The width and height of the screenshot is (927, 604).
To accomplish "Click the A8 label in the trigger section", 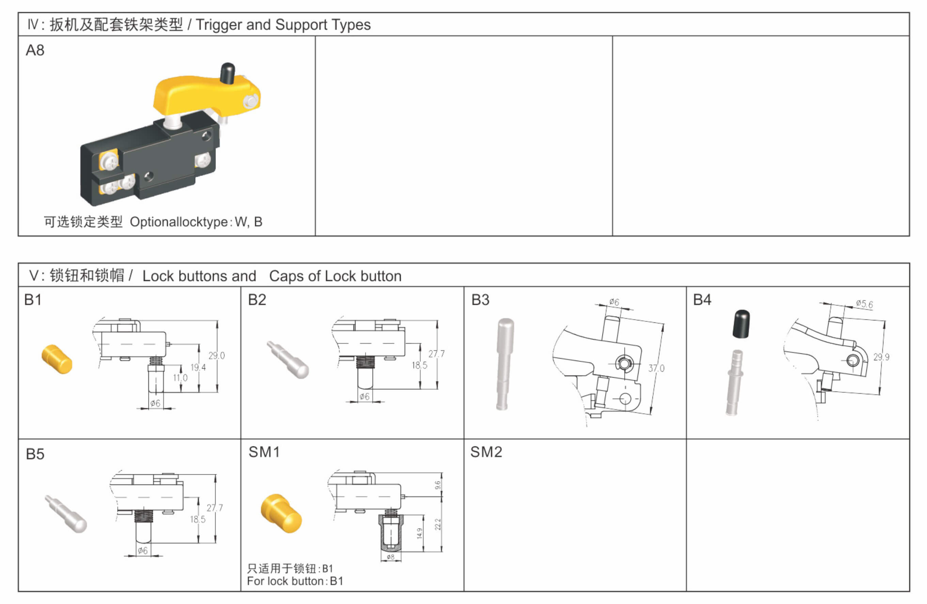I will click(x=35, y=51).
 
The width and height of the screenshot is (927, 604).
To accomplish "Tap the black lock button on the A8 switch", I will click(x=227, y=73).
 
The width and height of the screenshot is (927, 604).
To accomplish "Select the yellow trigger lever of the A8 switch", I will click(x=195, y=95).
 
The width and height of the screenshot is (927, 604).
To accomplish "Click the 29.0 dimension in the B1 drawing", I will click(x=217, y=355).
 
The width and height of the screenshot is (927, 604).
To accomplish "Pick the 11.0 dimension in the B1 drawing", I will click(x=180, y=378).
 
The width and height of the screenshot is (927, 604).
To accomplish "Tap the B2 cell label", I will click(x=257, y=300).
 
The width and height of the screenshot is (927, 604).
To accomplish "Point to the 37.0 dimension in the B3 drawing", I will click(x=656, y=368).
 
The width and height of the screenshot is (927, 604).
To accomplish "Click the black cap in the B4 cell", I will click(x=741, y=324).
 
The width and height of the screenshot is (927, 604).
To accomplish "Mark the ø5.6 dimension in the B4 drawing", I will click(x=864, y=304).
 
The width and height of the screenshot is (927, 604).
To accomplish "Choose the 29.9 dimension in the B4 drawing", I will click(x=881, y=357).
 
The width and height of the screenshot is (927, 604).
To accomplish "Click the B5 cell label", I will click(x=35, y=454).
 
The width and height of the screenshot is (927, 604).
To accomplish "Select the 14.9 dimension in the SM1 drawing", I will click(x=420, y=533).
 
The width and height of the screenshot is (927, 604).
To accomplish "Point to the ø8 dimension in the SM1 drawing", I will click(x=390, y=557).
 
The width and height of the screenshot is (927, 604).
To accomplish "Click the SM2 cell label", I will click(x=486, y=452).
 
